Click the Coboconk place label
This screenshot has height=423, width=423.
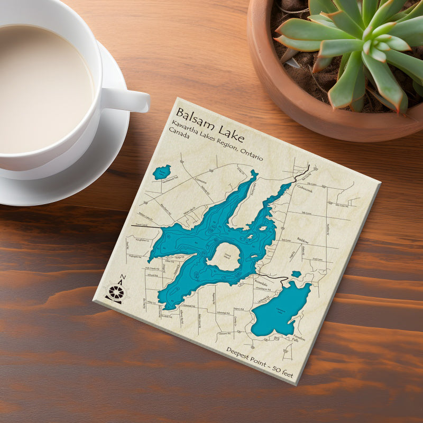tap(305, 188)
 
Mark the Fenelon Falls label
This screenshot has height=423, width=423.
tap(296, 339)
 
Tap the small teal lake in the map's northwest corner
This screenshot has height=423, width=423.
tap(161, 172)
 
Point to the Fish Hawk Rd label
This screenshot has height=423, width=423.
tap(152, 268)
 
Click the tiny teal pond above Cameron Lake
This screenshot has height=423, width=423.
tap(296, 274)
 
